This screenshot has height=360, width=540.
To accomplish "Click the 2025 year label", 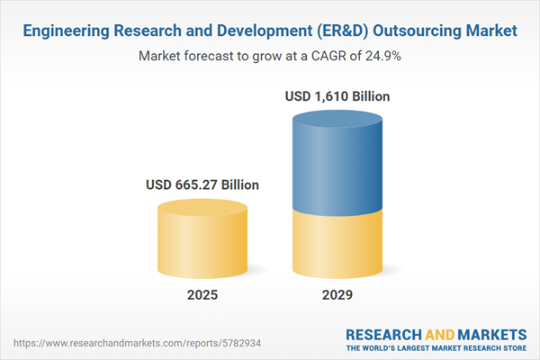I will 202,294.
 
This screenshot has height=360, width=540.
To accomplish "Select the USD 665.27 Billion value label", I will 202,184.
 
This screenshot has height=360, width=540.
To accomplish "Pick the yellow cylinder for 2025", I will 202,238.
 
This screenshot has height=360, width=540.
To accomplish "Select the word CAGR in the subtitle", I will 328,56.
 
